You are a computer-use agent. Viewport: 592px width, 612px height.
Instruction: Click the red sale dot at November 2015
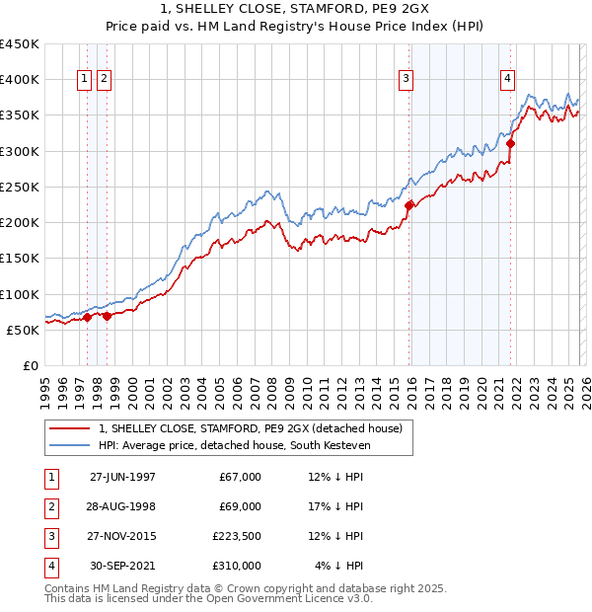408,205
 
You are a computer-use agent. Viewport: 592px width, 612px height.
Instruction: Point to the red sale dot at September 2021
510,143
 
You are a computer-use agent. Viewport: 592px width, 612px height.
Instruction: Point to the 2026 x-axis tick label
581,388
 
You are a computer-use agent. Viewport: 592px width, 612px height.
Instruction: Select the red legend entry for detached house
250,429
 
